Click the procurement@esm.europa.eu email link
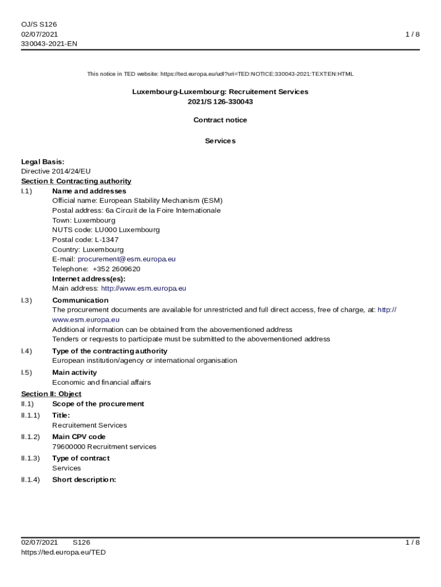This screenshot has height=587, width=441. coord(127,259)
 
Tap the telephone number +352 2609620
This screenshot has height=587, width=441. coord(116,269)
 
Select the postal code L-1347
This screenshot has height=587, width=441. coord(107,240)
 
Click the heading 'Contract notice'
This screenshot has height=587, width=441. coord(220,120)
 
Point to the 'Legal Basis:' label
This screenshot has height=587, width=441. coord(43,162)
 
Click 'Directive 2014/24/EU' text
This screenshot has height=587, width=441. coord(56,171)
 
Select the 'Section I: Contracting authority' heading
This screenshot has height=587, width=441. coord(76,181)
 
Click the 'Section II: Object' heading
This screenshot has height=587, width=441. coord(52,394)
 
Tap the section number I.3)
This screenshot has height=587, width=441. coord(27,300)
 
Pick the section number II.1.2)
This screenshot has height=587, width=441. coord(31,437)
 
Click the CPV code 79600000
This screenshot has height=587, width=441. coord(69,447)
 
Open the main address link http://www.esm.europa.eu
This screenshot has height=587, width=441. coord(143,288)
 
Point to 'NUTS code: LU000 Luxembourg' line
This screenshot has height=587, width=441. coord(106,230)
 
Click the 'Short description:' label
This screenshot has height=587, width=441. coord(84,480)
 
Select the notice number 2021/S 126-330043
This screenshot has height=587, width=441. coord(220,102)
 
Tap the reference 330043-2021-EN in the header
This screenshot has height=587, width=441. coord(49,44)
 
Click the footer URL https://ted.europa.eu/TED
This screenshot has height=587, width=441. coord(64,553)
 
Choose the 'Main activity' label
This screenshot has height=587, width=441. coord(74,373)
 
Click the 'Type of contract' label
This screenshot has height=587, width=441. coord(81,458)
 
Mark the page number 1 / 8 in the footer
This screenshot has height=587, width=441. coord(412,542)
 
